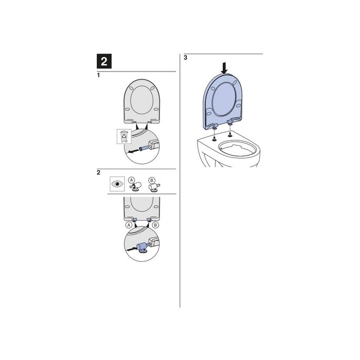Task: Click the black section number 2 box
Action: click(104, 61)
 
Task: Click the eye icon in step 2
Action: click(117, 184)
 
